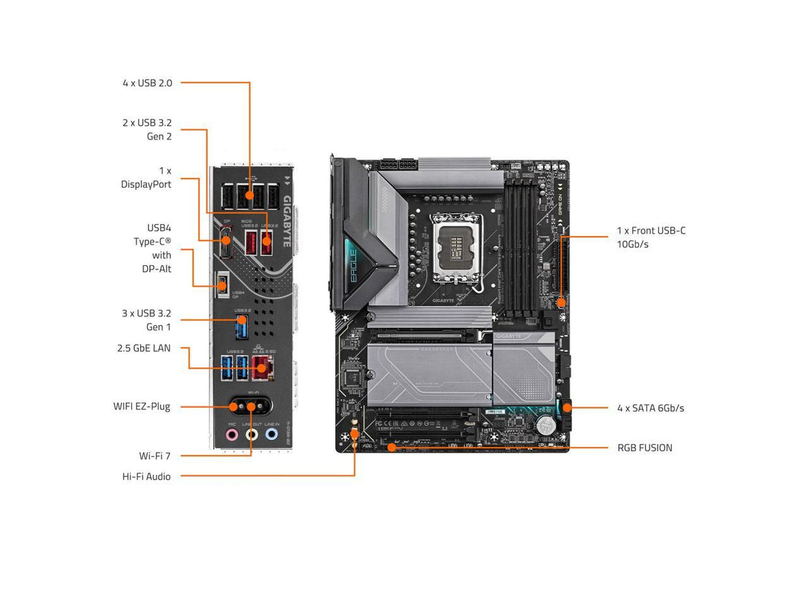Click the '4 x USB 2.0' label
click(x=147, y=83)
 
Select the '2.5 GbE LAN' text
click(x=143, y=348)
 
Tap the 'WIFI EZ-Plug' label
click(x=142, y=407)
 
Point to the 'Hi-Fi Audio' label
click(x=146, y=476)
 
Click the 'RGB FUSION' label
click(x=644, y=448)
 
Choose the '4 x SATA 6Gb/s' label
click(x=650, y=408)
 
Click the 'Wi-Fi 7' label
click(x=155, y=456)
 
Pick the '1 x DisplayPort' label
click(x=146, y=177)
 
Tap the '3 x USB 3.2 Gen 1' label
click(x=146, y=320)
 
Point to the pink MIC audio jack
click(x=232, y=434)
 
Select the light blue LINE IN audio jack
click(x=271, y=434)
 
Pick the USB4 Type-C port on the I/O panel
click(x=222, y=284)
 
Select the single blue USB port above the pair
click(x=240, y=327)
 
